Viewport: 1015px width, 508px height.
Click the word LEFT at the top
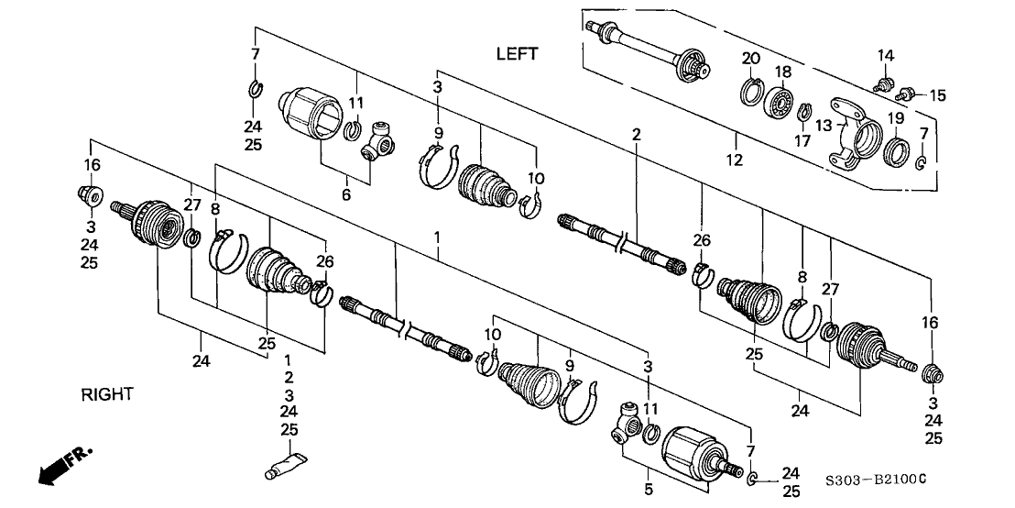pyautogui.click(x=517, y=54)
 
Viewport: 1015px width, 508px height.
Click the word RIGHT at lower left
pyautogui.click(x=107, y=395)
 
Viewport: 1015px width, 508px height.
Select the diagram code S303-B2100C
pyautogui.click(x=876, y=480)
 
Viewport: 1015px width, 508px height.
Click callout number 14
pyautogui.click(x=884, y=56)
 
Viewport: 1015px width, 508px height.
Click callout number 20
pyautogui.click(x=751, y=59)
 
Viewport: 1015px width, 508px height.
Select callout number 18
pyautogui.click(x=783, y=72)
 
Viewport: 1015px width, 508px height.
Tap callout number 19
pyautogui.click(x=895, y=118)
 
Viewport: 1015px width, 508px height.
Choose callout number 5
pyautogui.click(x=649, y=490)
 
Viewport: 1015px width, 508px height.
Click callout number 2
pyautogui.click(x=635, y=135)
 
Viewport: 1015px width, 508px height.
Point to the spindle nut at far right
pyautogui.click(x=933, y=374)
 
